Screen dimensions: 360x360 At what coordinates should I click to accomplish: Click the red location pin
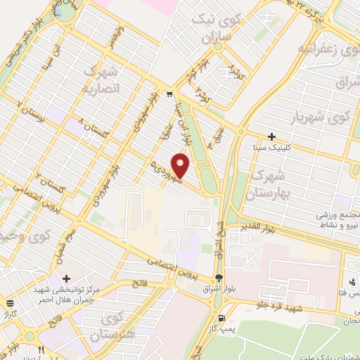(x=181, y=166)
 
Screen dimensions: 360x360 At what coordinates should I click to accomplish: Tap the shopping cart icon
(x=169, y=93)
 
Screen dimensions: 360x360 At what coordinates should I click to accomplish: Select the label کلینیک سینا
(x=271, y=148)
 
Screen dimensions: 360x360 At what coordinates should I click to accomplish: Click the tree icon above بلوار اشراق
(x=220, y=278)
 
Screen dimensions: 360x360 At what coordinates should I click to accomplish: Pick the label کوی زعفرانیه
(x=322, y=50)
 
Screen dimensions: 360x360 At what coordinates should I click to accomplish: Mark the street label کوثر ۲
(x=202, y=91)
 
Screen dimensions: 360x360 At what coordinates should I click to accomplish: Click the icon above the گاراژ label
(x=9, y=304)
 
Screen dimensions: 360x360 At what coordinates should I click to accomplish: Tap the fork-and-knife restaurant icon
(x=41, y=349)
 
